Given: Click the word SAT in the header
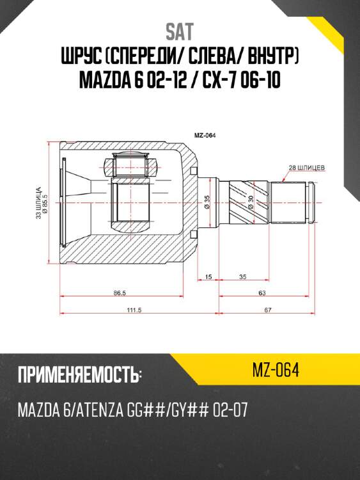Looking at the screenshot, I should coord(180,31).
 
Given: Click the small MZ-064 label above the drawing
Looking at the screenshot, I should coord(204,135).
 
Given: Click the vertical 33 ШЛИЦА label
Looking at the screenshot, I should coord(38,203).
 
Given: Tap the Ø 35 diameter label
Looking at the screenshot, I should coord(207,203).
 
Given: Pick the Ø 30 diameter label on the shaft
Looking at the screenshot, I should coord(251,203).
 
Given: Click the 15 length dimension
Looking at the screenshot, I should coord(208,277).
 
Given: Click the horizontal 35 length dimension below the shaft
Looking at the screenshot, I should coord(244,277).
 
